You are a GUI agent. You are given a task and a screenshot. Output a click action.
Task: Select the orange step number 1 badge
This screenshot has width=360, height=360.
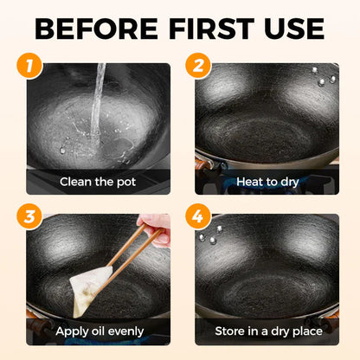[x=31, y=66]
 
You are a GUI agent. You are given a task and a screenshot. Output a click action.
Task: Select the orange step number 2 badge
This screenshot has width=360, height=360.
[x=198, y=66]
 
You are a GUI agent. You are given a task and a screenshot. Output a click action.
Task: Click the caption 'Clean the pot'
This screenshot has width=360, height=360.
[x=97, y=183]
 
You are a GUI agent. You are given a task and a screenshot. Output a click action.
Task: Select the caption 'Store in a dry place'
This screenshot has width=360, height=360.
[x=265, y=331]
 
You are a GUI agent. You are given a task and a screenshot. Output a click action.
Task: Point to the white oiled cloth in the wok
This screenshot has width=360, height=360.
[x=92, y=286]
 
